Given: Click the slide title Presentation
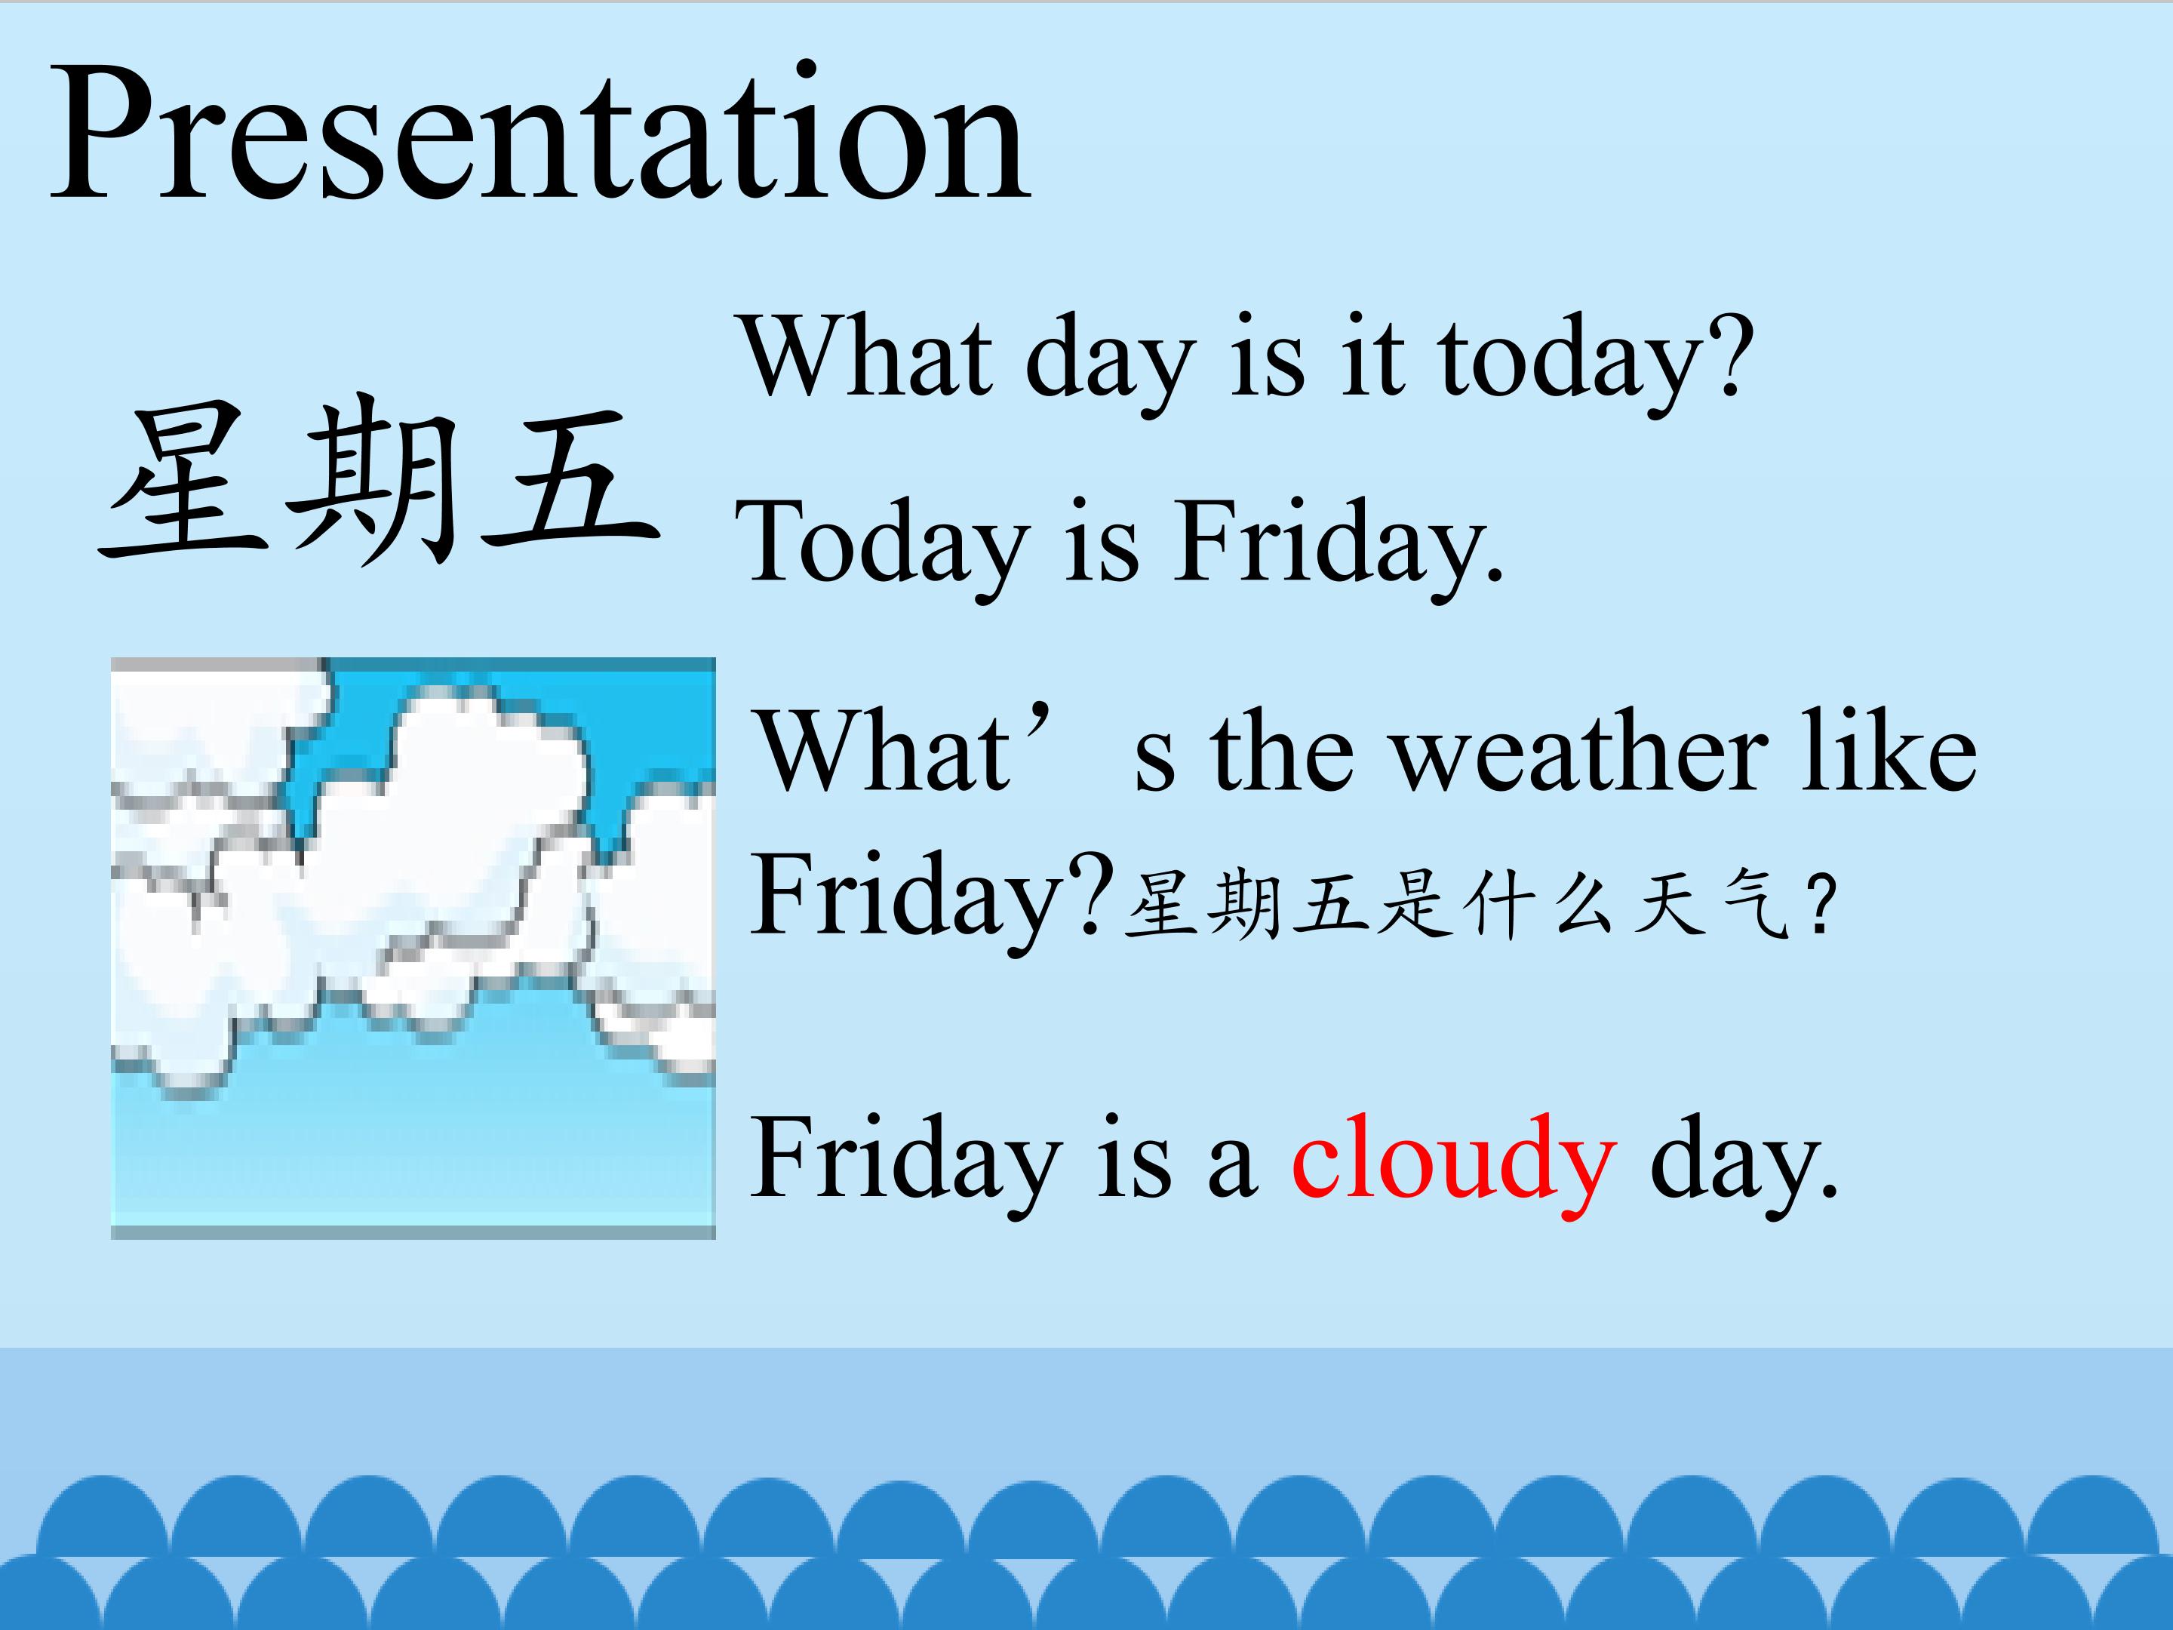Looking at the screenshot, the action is (540, 133).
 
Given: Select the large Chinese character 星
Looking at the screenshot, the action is (183, 481).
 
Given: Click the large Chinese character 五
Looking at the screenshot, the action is (570, 481).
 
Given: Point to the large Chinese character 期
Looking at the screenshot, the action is (373, 481).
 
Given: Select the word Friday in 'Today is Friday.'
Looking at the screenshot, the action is (1340, 543).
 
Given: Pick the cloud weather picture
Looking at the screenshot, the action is (413, 948).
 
